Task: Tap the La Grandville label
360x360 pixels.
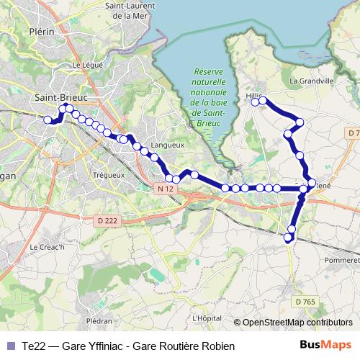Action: point(311,81)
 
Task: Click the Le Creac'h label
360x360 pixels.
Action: point(46,247)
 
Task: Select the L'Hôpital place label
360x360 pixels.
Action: point(207,318)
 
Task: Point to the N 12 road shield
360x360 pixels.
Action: point(165,189)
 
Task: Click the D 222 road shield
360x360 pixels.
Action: point(107,220)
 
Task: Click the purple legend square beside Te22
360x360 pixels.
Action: point(9,346)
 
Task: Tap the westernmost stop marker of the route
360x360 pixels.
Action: point(48,120)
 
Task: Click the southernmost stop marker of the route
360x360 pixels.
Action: point(289,238)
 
